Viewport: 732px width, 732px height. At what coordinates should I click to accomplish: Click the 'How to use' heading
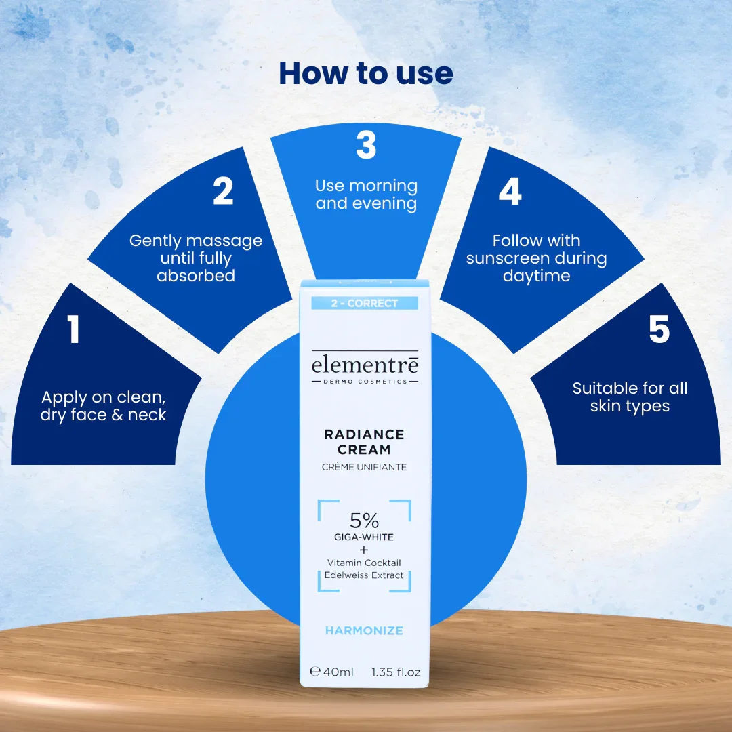[366, 73]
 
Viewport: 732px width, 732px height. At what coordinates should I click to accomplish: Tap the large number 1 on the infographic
[73, 329]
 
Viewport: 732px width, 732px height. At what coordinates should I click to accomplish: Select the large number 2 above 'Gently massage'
[223, 190]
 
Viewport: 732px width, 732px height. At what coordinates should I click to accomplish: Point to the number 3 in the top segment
[366, 145]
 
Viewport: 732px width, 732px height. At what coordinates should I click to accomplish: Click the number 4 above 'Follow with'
[510, 191]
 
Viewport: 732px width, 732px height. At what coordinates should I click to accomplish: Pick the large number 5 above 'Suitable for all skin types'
[659, 329]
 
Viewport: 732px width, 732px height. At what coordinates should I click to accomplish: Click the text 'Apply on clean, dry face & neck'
[103, 406]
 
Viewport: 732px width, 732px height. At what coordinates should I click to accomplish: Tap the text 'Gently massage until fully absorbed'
[196, 258]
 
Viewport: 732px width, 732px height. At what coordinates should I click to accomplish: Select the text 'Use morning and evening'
[367, 195]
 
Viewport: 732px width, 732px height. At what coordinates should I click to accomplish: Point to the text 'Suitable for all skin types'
[630, 397]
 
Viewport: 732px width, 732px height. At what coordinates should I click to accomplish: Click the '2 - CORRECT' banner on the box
[365, 303]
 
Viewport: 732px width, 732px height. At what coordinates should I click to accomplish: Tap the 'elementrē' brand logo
[365, 364]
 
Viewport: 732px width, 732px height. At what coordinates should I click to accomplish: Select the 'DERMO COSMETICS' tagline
[365, 382]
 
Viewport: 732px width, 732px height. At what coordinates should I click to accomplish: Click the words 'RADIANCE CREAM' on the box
[364, 442]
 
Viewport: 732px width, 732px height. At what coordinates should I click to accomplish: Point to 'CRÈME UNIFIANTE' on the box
[364, 467]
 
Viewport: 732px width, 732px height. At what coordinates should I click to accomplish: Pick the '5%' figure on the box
[364, 520]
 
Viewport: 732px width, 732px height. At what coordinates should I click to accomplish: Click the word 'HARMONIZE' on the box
[364, 631]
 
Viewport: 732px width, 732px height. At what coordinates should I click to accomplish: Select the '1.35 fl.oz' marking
[396, 672]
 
